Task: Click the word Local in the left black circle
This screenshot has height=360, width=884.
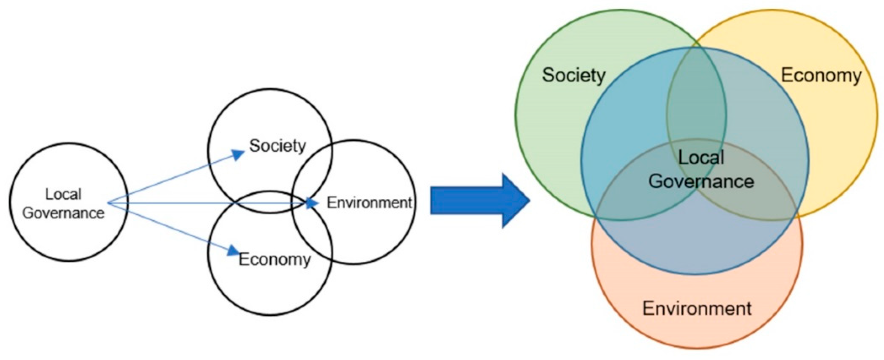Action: (63, 194)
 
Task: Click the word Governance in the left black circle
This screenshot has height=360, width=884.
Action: (63, 213)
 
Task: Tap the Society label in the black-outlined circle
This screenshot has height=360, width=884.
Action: (277, 146)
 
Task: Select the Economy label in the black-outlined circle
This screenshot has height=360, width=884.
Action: (274, 259)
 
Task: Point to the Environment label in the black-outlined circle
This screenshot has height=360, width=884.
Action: (369, 203)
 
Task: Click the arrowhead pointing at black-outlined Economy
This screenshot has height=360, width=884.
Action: (233, 250)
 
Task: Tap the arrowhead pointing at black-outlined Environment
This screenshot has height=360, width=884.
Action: (312, 203)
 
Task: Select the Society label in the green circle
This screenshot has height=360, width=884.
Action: (573, 75)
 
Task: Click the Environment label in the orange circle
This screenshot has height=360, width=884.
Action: (697, 308)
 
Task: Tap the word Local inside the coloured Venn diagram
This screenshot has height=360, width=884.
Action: (701, 158)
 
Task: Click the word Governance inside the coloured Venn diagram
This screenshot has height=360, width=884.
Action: (701, 181)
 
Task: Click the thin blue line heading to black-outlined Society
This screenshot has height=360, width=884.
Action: (171, 179)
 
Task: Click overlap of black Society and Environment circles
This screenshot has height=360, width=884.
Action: (314, 171)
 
